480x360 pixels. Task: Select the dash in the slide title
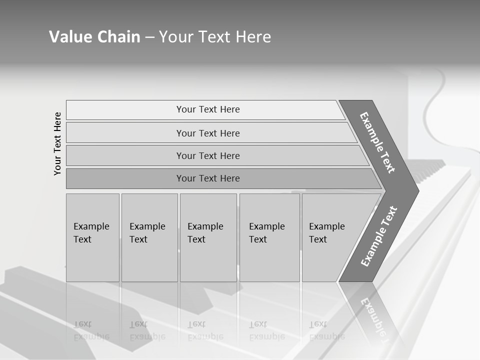[x=149, y=37]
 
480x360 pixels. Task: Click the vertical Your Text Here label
[x=57, y=143]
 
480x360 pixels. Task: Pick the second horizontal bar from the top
[x=207, y=133]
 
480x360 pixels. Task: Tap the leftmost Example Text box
[x=92, y=237]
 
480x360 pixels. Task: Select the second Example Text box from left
[x=149, y=237]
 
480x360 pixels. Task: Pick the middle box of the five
[x=208, y=237]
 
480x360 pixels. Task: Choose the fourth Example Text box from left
[x=269, y=237]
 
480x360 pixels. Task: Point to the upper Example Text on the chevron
[x=377, y=142]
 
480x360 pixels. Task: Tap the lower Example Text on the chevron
[x=379, y=236]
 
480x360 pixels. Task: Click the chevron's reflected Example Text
[x=374, y=320]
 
